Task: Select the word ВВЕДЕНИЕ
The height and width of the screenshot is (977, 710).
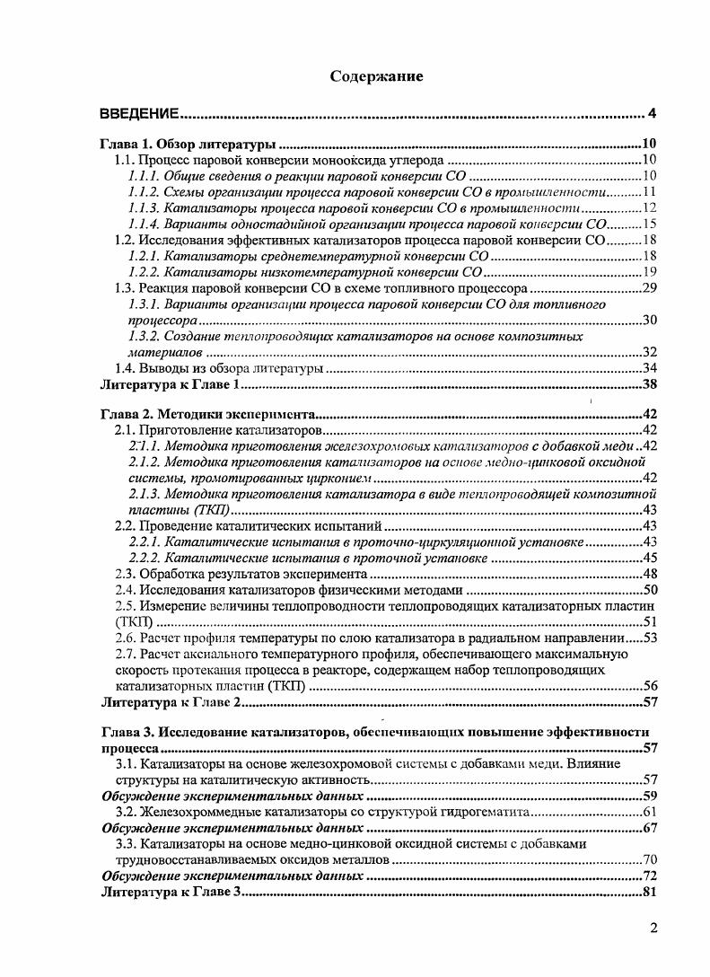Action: [139, 113]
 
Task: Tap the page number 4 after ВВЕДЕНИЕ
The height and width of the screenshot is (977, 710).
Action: [653, 113]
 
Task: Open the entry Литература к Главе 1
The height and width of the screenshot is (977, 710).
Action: [171, 385]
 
